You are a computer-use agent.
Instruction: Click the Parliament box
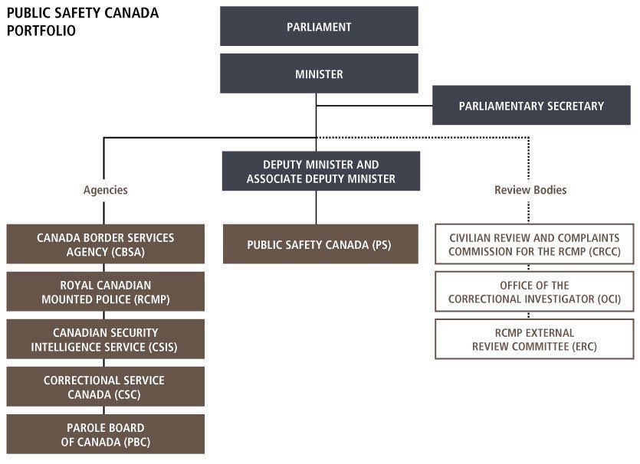coord(319,27)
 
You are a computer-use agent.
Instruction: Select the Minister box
coord(319,74)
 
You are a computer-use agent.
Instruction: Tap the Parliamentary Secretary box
coord(531,106)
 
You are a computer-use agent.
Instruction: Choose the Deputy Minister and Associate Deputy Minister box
coord(320,171)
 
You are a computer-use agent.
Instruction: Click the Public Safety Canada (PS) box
coord(320,244)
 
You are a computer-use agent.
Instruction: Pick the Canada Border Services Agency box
coord(105,244)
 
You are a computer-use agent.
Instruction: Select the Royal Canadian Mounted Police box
coord(105,292)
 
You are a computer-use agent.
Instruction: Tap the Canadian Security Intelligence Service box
coord(105,339)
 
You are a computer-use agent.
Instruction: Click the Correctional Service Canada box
coord(105,387)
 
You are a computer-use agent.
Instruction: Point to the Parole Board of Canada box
coord(105,434)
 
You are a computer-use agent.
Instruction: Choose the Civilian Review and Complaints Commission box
coord(534,244)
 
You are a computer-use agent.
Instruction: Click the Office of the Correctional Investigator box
coord(534,292)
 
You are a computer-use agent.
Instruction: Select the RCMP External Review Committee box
coord(534,339)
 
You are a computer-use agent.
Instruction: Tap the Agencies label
coord(105,190)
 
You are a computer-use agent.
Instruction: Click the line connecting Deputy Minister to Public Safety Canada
coord(316,207)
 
